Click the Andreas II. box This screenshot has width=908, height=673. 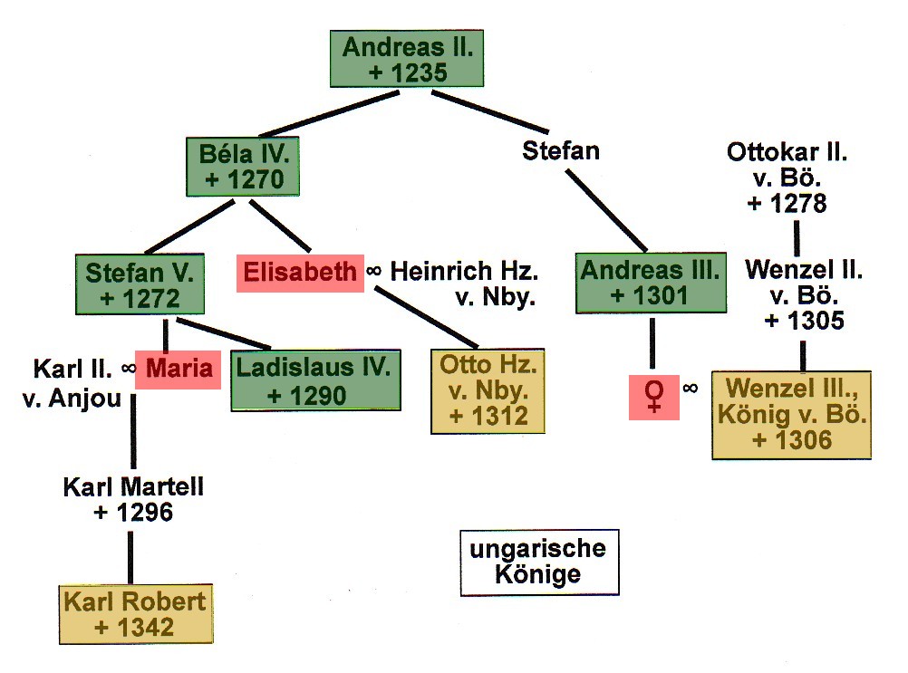407,59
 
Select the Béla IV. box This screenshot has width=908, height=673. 243,166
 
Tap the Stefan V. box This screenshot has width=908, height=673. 140,284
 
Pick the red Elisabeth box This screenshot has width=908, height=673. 300,273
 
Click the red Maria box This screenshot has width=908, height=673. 178,370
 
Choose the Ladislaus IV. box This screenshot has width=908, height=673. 315,380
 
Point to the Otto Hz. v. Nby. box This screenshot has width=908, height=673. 488,390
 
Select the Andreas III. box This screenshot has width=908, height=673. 651,283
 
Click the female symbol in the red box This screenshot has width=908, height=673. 653,397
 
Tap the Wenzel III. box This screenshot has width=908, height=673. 791,414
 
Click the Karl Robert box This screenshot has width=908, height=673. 136,614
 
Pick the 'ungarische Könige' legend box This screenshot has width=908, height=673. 540,562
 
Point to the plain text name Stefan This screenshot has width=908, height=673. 561,151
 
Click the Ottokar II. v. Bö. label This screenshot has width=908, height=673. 787,178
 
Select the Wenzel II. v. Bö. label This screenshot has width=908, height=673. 804,295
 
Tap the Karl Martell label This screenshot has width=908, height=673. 133,499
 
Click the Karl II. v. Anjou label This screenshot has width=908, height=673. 72,383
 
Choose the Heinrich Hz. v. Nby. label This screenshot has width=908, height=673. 465,284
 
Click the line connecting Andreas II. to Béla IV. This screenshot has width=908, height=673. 329,113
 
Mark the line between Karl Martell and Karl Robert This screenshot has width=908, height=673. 130,557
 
